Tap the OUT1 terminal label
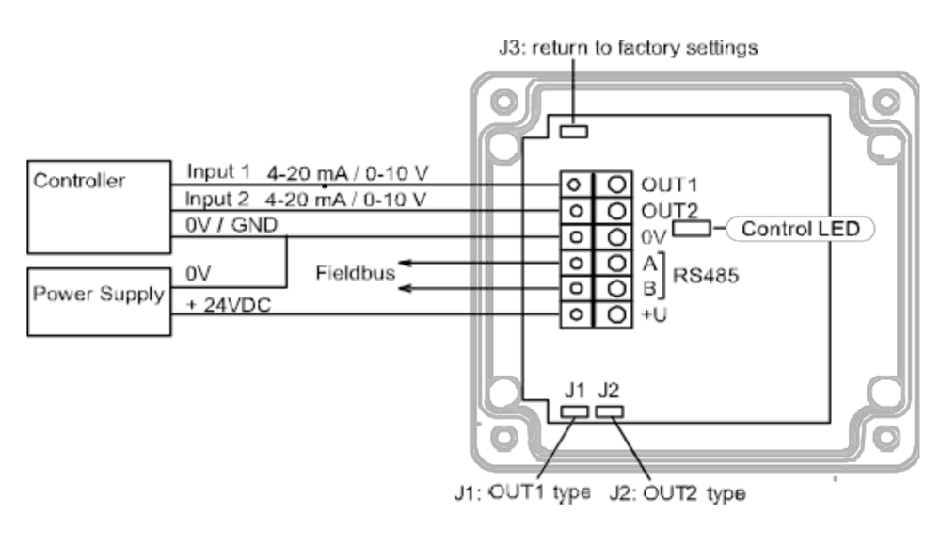tap(669, 185)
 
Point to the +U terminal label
tap(654, 314)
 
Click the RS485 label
tap(706, 276)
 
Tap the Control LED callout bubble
tap(800, 229)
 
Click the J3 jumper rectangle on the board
tap(574, 131)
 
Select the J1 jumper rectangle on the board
tap(574, 411)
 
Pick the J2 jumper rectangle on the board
tap(609, 411)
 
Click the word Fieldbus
tap(356, 273)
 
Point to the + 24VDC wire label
tap(229, 304)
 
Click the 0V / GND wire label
tap(231, 225)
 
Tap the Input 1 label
tap(218, 171)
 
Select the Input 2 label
tap(216, 199)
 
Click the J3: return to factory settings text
tap(629, 47)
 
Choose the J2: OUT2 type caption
tap(678, 493)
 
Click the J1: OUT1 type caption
tap(522, 493)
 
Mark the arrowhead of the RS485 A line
tap(405, 263)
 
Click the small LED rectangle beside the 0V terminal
tap(692, 228)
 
